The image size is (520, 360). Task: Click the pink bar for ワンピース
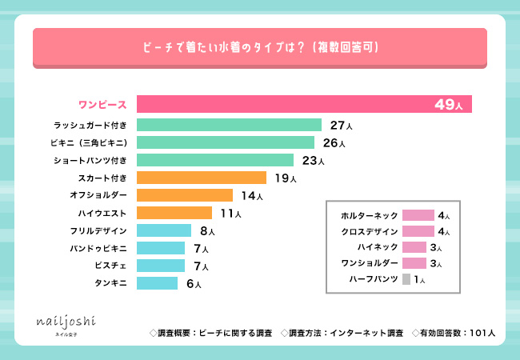tap(304, 105)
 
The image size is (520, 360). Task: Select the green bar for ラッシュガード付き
tap(229, 125)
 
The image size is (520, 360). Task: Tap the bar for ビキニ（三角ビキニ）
tap(226, 142)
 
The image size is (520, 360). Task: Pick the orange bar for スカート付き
tap(202, 178)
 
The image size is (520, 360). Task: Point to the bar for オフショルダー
tap(185, 195)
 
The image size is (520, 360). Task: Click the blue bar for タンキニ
tap(157, 283)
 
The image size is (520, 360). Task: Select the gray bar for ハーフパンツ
tap(406, 279)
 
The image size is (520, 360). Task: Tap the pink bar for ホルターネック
tap(418, 215)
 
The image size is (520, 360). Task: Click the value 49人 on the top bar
tap(449, 105)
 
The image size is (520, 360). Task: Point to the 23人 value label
tap(316, 160)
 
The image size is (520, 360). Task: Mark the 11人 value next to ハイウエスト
tap(230, 213)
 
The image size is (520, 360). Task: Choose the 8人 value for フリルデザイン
tap(206, 230)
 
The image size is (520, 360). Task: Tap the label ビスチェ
tap(113, 266)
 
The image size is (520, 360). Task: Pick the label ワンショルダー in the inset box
tap(369, 263)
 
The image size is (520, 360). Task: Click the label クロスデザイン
tap(369, 231)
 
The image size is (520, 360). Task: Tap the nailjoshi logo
tap(66, 322)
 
